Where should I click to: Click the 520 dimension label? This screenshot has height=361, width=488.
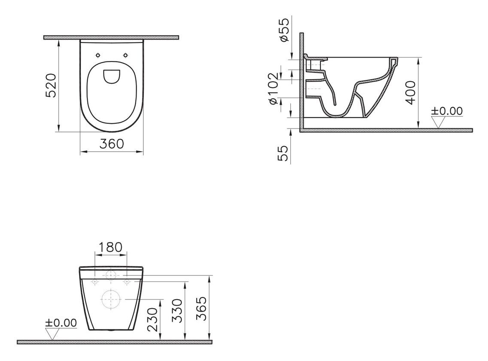point(51,86)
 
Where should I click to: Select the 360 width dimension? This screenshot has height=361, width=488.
point(112,144)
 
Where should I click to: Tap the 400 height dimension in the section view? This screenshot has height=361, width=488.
point(411,92)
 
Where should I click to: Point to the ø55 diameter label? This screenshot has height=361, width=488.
point(284,30)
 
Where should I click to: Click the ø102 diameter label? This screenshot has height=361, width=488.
point(273,89)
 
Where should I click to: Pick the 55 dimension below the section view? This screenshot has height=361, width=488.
point(283,153)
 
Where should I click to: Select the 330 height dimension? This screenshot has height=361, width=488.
point(177,311)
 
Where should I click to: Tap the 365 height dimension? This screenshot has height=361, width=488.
point(202,309)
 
